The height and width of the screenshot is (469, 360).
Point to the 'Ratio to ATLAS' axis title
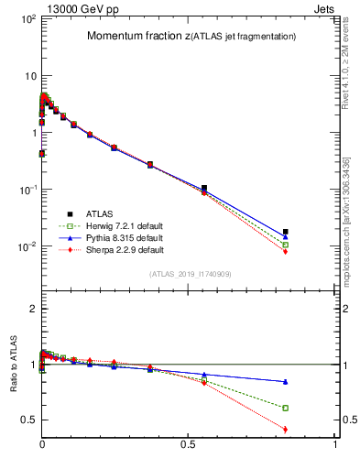(13, 364)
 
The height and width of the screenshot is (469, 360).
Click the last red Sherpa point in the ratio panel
(286, 429)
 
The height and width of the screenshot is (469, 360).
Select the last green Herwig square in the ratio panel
(286, 408)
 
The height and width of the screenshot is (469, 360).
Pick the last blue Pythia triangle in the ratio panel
(286, 381)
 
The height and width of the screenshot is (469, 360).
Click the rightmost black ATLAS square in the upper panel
(286, 232)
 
